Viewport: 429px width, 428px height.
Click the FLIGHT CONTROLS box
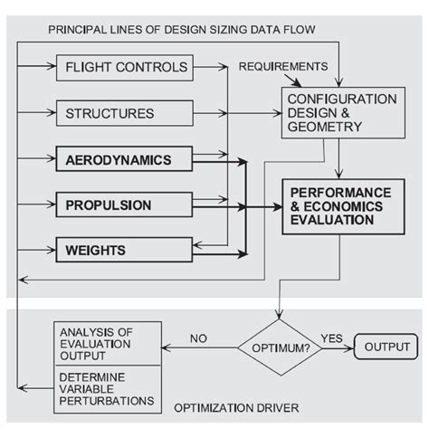[x=126, y=66]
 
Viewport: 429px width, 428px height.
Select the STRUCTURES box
[x=126, y=114]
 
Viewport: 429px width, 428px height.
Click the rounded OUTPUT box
[x=386, y=346]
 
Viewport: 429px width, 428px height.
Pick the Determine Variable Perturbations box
[x=109, y=387]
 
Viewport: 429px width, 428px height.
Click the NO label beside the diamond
[x=199, y=338]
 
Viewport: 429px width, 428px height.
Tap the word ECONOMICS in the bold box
[x=344, y=206]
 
